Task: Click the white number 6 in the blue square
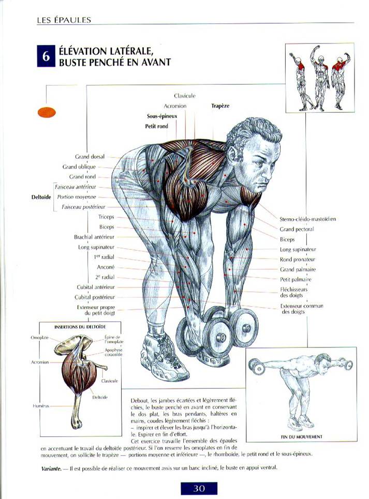coord(47,56)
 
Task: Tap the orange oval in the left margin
coord(47,112)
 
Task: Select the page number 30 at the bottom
coord(199,488)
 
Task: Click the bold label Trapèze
coord(220,106)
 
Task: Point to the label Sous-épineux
coord(162,116)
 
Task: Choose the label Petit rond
coord(157,126)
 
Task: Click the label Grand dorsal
coord(90,157)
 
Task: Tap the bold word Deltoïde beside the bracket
coord(41,197)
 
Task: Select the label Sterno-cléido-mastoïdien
coord(307,219)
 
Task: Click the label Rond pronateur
coord(298,260)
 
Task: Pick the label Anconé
coord(106,267)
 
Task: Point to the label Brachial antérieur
coord(94,237)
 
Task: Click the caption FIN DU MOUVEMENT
coord(302,437)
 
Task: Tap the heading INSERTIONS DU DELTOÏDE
coord(80,327)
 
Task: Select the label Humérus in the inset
coord(41,406)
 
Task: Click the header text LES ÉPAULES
coord(64,20)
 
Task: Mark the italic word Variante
coord(51,468)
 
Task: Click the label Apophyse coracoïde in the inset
coord(114,352)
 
